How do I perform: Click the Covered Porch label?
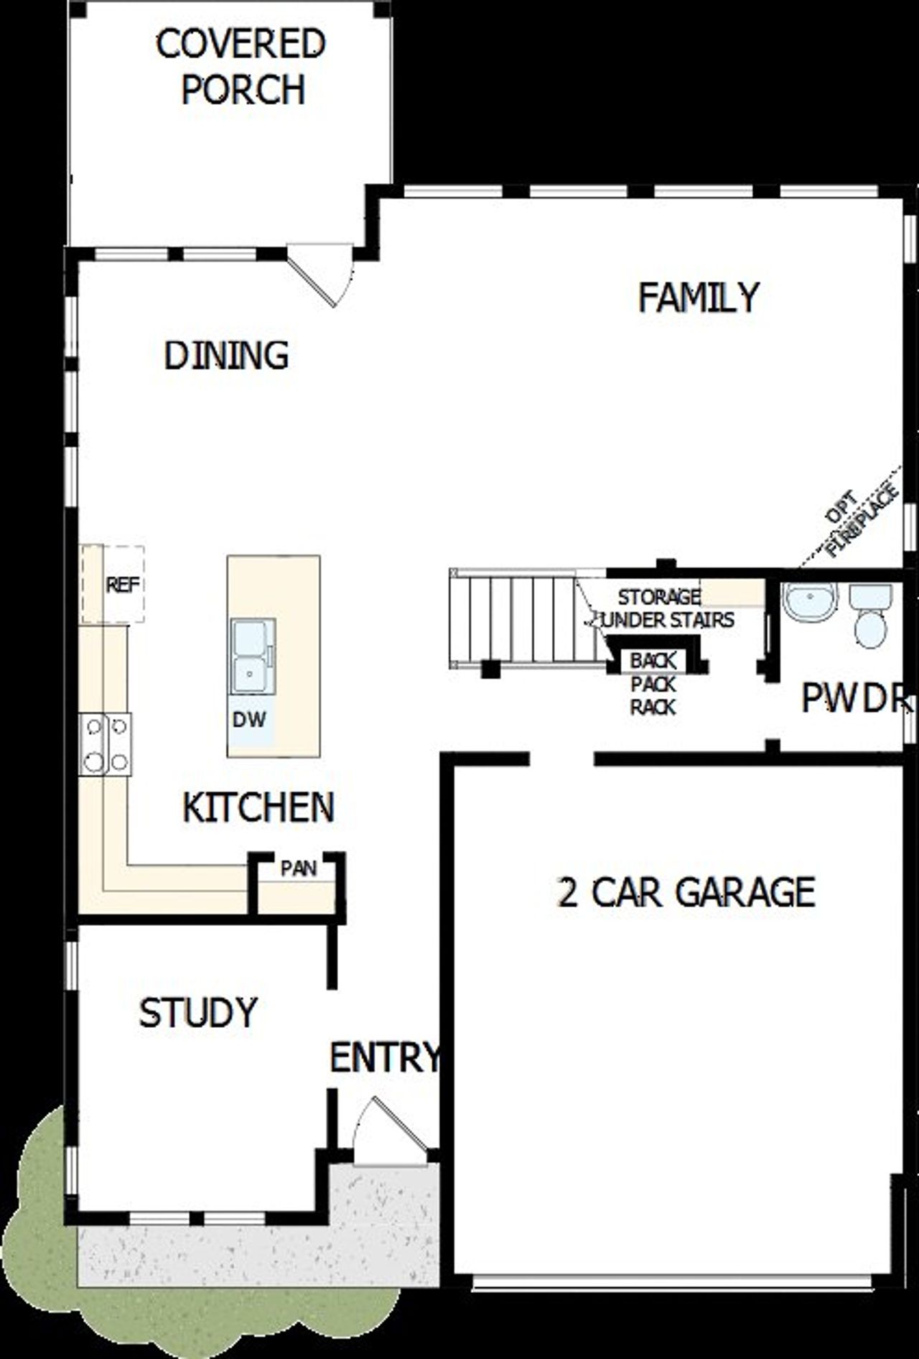[x=241, y=66]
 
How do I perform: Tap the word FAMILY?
[x=698, y=297]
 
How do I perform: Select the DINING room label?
[x=226, y=356]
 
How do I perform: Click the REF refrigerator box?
[x=123, y=585]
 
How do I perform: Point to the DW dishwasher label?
[x=249, y=719]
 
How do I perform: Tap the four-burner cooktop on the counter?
[x=106, y=743]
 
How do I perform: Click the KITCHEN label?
[x=258, y=807]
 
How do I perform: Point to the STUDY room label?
[x=198, y=1013]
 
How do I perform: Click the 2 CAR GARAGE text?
[x=686, y=892]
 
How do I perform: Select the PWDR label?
[x=854, y=698]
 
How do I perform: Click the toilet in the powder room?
[x=871, y=617]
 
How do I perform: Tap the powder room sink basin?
[x=810, y=600]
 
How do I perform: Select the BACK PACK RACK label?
[x=653, y=683]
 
